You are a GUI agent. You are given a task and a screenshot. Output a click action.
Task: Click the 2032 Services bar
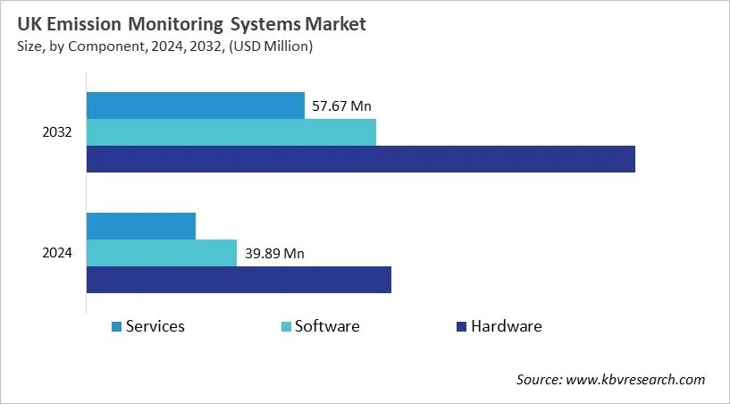(195, 105)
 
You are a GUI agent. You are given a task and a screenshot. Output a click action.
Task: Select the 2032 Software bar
(231, 132)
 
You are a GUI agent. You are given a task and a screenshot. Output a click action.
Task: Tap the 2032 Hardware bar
(360, 159)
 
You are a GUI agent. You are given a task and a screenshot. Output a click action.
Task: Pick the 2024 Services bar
(140, 226)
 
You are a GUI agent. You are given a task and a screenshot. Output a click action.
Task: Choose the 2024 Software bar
(161, 253)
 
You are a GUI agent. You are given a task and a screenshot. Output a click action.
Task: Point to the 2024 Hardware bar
(239, 280)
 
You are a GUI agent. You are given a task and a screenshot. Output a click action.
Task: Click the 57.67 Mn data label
(341, 106)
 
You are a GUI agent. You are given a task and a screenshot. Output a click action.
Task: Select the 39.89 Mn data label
(274, 254)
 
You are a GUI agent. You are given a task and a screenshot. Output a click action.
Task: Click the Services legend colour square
(116, 327)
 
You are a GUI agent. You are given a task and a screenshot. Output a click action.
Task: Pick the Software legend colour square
(286, 327)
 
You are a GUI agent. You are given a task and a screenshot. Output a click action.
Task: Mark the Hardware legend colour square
(461, 327)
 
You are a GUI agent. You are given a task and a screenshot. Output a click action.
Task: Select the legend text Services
(155, 326)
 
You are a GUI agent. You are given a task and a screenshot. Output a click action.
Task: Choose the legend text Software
(327, 326)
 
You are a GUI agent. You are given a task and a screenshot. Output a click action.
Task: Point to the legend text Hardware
(507, 326)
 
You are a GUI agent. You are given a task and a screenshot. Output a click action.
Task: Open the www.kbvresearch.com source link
(635, 380)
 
